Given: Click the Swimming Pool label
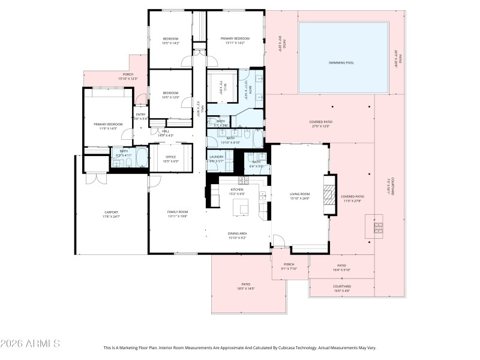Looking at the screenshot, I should (x=341, y=62).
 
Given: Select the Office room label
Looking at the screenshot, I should (x=172, y=158).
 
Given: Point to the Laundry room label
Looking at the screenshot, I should (x=216, y=157).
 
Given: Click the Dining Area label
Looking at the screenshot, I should (x=238, y=235).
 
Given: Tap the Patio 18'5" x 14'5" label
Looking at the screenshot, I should (x=245, y=286).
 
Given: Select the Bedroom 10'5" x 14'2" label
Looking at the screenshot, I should (x=171, y=41).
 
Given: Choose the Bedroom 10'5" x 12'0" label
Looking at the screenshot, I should (x=171, y=95).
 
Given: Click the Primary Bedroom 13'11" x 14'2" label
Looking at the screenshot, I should (x=234, y=40).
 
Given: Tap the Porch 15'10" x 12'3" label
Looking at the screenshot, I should (x=128, y=76).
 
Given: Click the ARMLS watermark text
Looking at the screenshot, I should (x=30, y=344).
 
